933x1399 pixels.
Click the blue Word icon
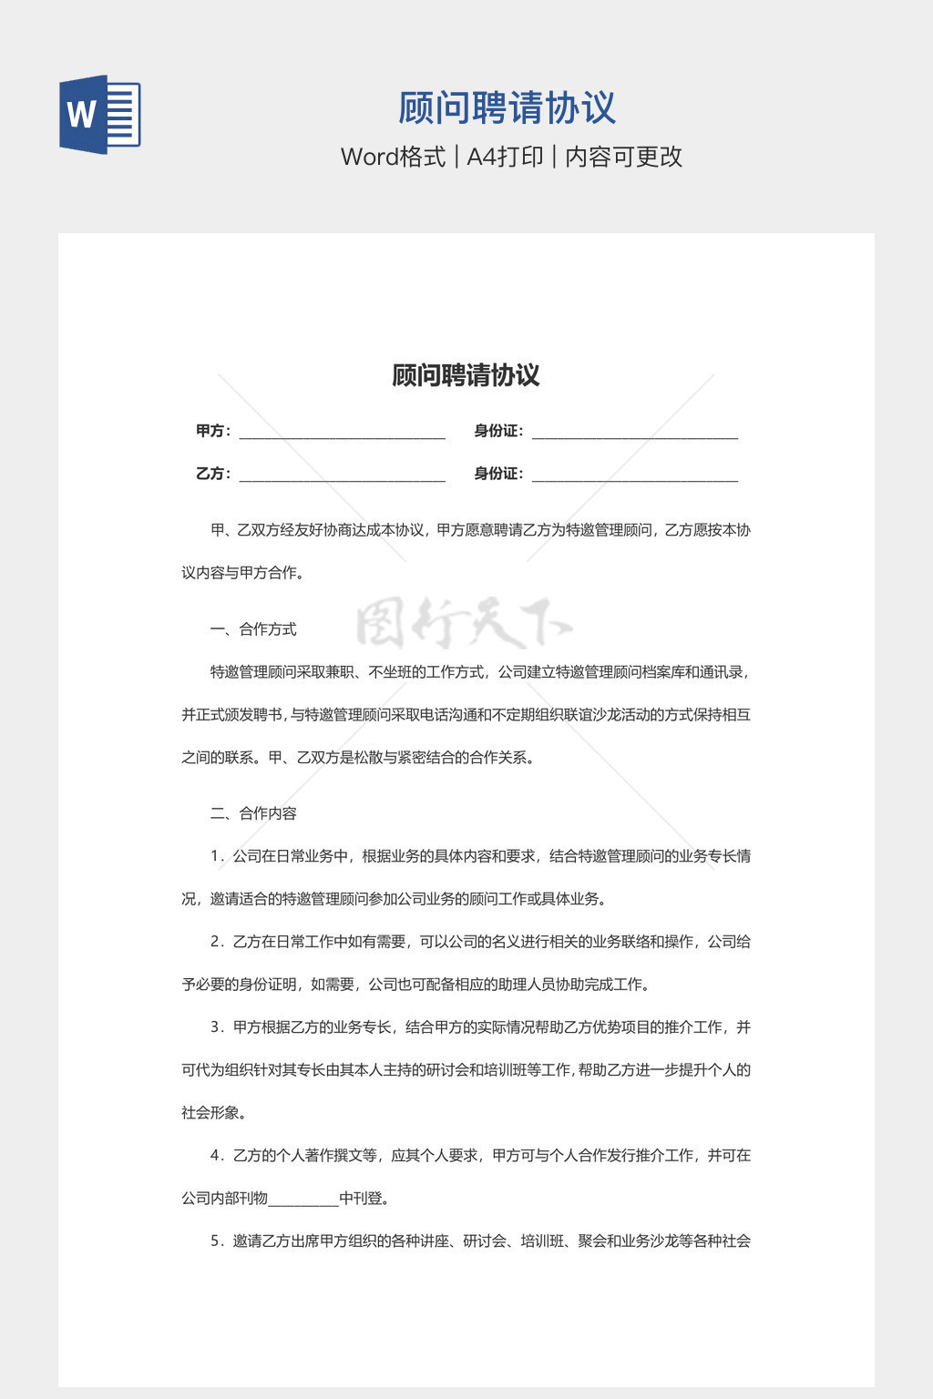tap(99, 115)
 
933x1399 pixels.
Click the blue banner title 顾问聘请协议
tap(507, 108)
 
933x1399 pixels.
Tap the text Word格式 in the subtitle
tap(393, 157)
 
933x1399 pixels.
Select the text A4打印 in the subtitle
tap(505, 157)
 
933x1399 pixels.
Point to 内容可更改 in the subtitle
tap(623, 157)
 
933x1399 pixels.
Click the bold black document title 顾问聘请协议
tap(466, 375)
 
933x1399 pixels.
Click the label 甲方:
tap(213, 431)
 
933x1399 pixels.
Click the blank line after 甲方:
tap(342, 434)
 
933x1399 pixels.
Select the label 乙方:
tap(213, 474)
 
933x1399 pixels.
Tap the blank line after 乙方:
tap(342, 477)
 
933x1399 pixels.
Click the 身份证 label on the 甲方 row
tap(497, 431)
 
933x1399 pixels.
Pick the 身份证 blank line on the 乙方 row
tap(634, 477)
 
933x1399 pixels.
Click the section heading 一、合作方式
tap(253, 629)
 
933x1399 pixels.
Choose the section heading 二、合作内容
tap(253, 813)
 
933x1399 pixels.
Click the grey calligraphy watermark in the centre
tap(464, 625)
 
